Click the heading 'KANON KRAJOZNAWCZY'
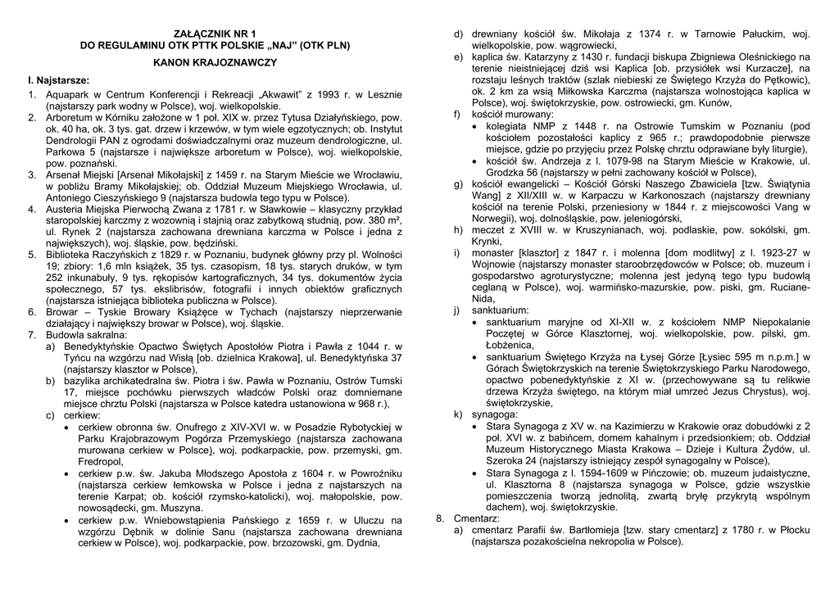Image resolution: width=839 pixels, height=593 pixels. pyautogui.click(x=214, y=62)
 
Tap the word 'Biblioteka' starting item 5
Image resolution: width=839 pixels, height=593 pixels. pyautogui.click(x=71, y=256)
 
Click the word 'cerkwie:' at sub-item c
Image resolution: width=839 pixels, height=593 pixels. pyautogui.click(x=82, y=416)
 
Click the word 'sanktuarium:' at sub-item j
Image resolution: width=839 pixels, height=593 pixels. pyautogui.click(x=501, y=310)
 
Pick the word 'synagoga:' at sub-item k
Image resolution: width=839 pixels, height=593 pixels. pyautogui.click(x=495, y=414)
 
